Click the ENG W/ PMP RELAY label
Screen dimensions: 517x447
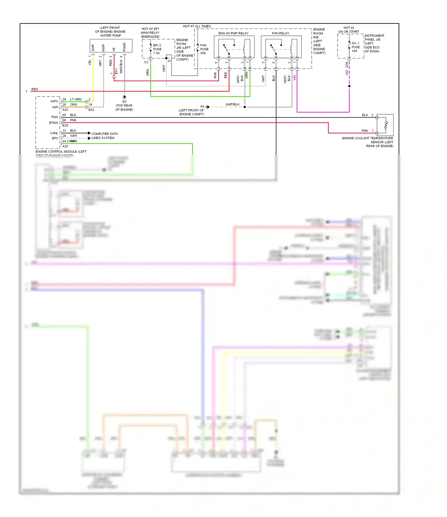[233, 33]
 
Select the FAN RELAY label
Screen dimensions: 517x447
[280, 33]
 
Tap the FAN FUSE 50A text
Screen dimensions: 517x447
[204, 49]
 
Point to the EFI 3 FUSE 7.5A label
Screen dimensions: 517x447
[157, 49]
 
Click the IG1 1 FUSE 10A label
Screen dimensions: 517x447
[355, 47]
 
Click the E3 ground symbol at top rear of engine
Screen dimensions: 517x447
[125, 97]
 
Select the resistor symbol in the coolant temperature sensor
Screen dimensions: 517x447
[386, 125]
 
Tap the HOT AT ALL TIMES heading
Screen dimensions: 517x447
[197, 26]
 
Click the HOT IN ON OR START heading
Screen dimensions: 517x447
[348, 29]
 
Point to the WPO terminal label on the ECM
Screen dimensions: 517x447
[54, 101]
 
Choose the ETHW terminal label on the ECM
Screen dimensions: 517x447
[54, 123]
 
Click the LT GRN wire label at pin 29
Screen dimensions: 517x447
[76, 99]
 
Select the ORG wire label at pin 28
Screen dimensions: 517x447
[74, 105]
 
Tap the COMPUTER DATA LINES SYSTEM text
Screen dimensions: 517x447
[104, 136]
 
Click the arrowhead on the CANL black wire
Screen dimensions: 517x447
[89, 133]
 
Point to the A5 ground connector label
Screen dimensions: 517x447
[202, 106]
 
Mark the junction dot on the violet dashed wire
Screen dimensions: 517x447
[349, 86]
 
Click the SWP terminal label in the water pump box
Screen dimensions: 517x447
[93, 48]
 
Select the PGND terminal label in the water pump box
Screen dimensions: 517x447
[124, 47]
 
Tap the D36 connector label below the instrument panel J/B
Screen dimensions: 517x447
[347, 64]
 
